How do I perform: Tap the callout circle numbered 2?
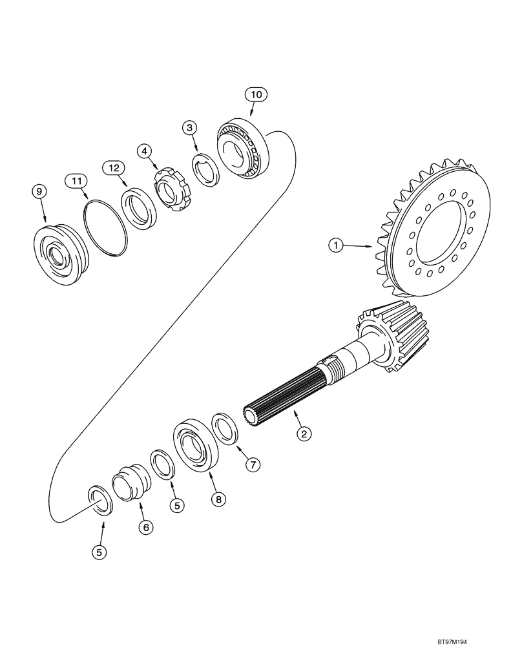(x=302, y=433)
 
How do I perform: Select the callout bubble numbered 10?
(x=255, y=95)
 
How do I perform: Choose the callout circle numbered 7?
(x=253, y=464)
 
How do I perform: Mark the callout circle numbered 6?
(x=146, y=527)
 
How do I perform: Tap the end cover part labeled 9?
(x=58, y=248)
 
